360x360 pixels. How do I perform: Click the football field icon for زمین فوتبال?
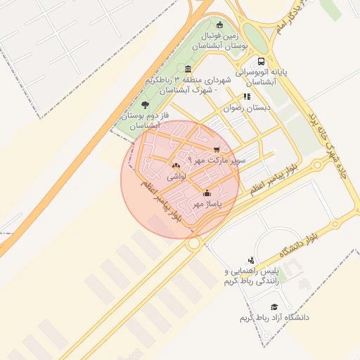click(x=220, y=25)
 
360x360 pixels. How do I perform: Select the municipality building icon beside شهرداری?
click(x=188, y=69)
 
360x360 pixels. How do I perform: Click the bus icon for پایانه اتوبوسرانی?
click(x=262, y=61)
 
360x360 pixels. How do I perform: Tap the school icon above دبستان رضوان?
click(x=246, y=97)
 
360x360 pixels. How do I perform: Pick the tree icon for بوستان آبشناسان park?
click(x=146, y=105)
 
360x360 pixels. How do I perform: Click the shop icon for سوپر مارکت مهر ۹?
click(x=216, y=149)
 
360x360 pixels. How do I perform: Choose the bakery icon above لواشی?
click(x=175, y=166)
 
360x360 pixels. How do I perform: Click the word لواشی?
click(x=176, y=178)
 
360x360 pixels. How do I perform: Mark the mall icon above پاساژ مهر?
click(x=207, y=192)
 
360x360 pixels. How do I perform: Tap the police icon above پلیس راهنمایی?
click(x=250, y=260)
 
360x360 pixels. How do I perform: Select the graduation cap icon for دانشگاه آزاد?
click(x=274, y=307)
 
